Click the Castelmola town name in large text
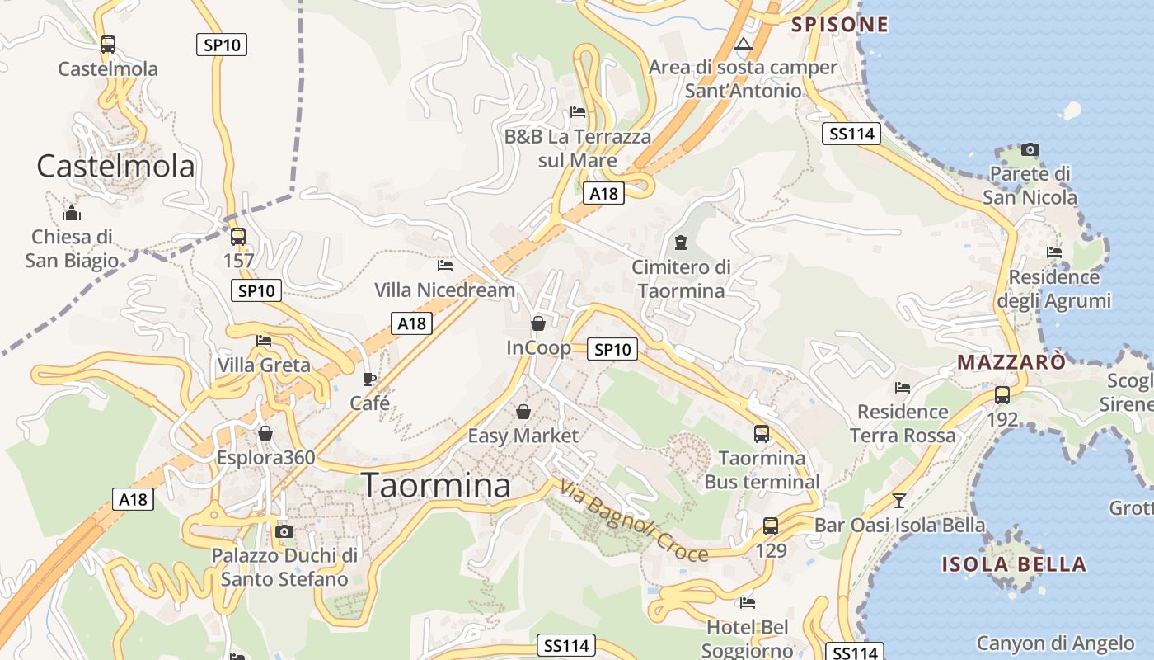click(x=115, y=167)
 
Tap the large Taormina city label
click(x=436, y=486)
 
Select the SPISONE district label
click(x=840, y=25)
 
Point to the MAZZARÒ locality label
click(x=1011, y=362)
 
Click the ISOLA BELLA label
click(x=1014, y=565)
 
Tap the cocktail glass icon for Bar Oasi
click(x=898, y=500)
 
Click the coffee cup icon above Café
click(x=369, y=379)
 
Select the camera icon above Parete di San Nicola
click(x=1030, y=149)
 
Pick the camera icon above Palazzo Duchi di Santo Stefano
click(x=284, y=531)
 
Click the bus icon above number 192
click(x=1002, y=394)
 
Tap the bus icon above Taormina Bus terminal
click(x=762, y=433)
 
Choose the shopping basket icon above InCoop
click(x=538, y=323)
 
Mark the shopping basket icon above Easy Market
click(x=523, y=411)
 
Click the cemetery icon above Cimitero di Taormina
click(x=681, y=243)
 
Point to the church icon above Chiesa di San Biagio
click(x=72, y=213)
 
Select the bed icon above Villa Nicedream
click(x=445, y=266)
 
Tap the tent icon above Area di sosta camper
click(x=744, y=44)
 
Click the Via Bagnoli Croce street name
click(x=633, y=521)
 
